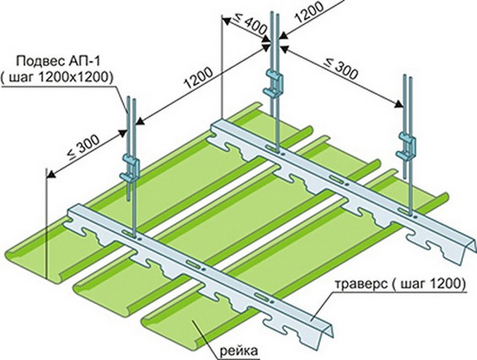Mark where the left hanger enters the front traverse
132,234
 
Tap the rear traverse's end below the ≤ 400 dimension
218,128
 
